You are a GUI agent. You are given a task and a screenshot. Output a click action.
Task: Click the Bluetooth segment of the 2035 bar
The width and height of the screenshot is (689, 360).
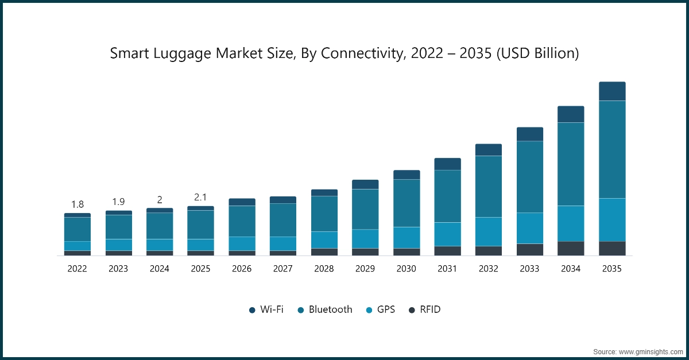pyautogui.click(x=612, y=149)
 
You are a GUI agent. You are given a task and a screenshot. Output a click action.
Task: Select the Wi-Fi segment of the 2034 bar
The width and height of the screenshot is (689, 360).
pyautogui.click(x=571, y=114)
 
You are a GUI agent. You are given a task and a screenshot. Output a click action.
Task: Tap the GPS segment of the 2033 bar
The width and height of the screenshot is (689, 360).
pyautogui.click(x=529, y=228)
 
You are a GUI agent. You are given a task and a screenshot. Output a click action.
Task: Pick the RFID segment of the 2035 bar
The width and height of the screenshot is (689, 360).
pyautogui.click(x=612, y=248)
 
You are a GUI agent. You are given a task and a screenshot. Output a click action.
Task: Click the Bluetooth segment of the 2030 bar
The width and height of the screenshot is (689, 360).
pyautogui.click(x=407, y=203)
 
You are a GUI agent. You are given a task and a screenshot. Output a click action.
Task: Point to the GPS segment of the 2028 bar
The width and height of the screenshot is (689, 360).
pyautogui.click(x=324, y=239)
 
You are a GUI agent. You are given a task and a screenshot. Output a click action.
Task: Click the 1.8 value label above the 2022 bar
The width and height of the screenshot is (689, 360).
pyautogui.click(x=78, y=204)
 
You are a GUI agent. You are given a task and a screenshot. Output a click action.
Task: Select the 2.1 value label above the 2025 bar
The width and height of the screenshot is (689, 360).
pyautogui.click(x=200, y=197)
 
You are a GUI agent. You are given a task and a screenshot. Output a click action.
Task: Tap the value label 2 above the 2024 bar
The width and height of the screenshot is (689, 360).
pyautogui.click(x=160, y=200)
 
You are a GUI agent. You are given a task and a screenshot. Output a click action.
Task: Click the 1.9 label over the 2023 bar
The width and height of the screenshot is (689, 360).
pyautogui.click(x=118, y=202)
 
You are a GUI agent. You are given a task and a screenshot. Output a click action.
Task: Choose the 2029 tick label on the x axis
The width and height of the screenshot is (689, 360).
pyautogui.click(x=365, y=269)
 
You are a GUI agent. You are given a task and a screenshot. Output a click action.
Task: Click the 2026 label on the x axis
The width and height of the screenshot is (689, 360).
pyautogui.click(x=242, y=269)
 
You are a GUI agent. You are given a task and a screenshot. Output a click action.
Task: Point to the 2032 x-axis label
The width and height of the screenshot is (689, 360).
pyautogui.click(x=489, y=269)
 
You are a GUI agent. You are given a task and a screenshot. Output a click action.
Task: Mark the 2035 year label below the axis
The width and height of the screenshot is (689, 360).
pyautogui.click(x=612, y=269)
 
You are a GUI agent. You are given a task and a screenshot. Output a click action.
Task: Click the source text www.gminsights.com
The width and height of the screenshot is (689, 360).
pyautogui.click(x=650, y=351)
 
